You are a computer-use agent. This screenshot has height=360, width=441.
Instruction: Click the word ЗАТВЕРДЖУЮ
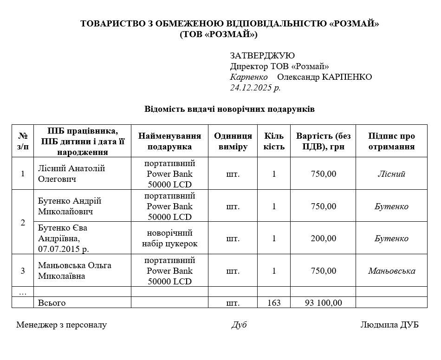[x=262, y=56]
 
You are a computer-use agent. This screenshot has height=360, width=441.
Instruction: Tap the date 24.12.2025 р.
[x=255, y=88]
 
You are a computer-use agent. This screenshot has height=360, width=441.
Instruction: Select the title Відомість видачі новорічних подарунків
[x=229, y=109]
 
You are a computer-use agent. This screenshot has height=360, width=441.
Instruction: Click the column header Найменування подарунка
[x=169, y=141]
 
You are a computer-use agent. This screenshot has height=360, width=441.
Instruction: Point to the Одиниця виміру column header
[x=233, y=141]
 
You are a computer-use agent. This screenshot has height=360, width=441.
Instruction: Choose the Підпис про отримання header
[x=391, y=141]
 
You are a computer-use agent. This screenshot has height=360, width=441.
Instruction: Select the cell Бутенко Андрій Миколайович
[x=69, y=206]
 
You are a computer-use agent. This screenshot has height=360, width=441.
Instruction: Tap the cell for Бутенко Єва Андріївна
[x=63, y=238]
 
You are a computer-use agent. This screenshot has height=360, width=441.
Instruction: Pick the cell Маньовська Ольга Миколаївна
[x=74, y=271]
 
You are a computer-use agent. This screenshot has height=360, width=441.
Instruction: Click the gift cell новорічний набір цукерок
[x=169, y=238]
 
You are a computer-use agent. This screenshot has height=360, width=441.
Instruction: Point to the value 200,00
[x=324, y=238]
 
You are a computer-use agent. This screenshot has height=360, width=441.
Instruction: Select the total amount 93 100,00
[x=324, y=303]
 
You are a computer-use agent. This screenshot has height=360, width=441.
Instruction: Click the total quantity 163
[x=274, y=303]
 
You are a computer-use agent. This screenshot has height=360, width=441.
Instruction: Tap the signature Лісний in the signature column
[x=391, y=174]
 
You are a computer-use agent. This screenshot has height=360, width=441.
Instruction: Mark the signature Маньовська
[x=391, y=271]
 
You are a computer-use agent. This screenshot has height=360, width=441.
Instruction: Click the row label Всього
[x=52, y=303]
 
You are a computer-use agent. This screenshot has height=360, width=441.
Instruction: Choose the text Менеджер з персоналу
[x=61, y=325]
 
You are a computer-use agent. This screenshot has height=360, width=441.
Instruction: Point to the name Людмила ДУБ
[x=389, y=325]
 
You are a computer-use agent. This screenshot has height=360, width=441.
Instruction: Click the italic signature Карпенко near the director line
[x=249, y=77]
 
